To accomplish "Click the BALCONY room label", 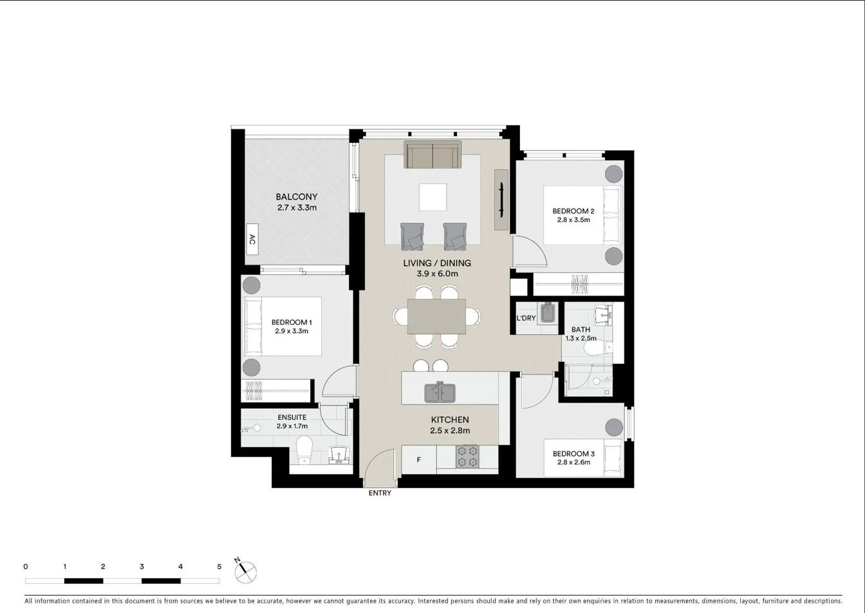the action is tap(297, 196).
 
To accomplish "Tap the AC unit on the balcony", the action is tap(252, 239).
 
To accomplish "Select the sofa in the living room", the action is tap(432, 155).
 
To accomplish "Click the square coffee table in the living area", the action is tap(433, 197).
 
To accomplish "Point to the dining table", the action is tap(437, 316).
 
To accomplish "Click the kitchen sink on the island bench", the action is tap(440, 392).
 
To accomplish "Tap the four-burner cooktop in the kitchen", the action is tap(467, 457).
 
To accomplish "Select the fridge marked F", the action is tap(419, 460).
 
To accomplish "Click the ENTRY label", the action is tap(380, 493).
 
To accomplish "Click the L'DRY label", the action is tap(526, 318).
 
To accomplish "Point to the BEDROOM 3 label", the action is tap(573, 454).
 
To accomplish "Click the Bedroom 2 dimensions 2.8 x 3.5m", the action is tap(573, 220).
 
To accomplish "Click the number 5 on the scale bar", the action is tap(219, 567).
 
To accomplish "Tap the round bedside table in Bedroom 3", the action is tap(613, 428).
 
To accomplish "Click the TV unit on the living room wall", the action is tap(501, 200).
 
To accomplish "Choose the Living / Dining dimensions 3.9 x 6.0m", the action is tap(437, 274).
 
